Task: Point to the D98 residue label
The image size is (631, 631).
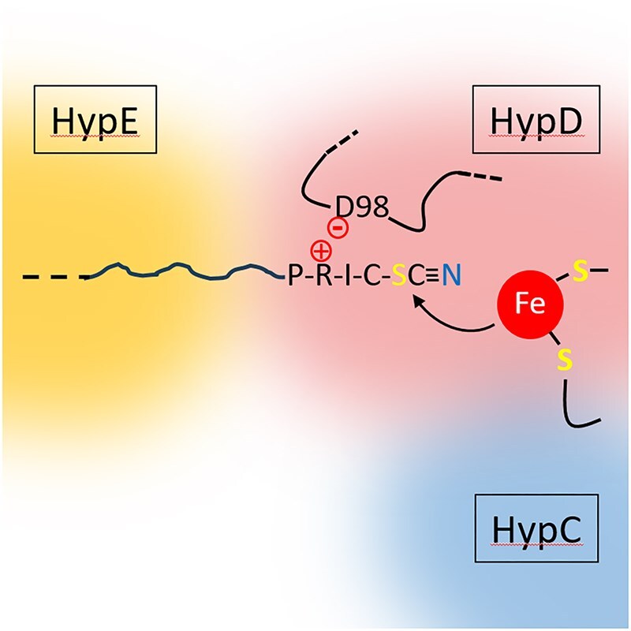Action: pos(357,208)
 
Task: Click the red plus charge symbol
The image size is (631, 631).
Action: pos(322,252)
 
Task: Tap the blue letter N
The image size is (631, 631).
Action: pos(451,276)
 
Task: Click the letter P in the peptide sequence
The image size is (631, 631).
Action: pos(296,276)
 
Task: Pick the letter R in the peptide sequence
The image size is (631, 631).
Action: pos(322,276)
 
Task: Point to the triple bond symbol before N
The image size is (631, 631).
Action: pos(431,276)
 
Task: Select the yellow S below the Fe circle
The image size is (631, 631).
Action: pos(565,360)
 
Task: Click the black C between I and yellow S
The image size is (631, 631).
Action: pos(374,276)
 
